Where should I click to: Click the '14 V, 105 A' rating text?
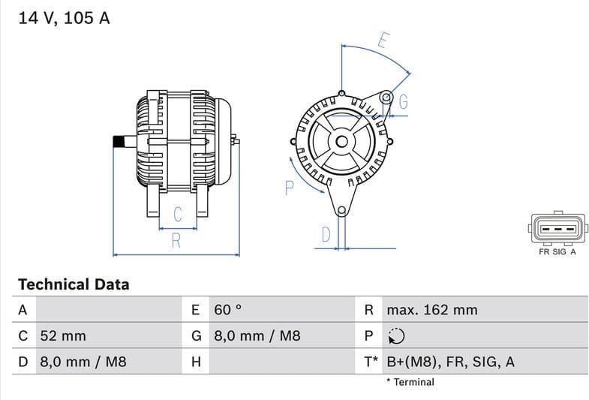coord(64,19)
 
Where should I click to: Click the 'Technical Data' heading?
coord(74,284)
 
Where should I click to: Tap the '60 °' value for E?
coord(228,309)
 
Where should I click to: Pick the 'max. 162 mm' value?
coord(431,309)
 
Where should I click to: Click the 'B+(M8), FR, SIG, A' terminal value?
coord(450,362)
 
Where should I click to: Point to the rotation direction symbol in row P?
coord(395,335)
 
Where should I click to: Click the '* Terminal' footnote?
coord(410,382)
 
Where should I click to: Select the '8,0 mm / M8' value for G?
coord(257,335)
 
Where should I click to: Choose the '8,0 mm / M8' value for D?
coord(83,362)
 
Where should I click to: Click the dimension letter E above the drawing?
coord(382,41)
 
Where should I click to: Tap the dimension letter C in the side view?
coord(178,215)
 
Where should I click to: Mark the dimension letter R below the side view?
coord(176,241)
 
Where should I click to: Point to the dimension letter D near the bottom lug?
coord(325,234)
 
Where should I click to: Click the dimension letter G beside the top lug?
coord(403,102)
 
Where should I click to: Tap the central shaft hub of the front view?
coord(341,141)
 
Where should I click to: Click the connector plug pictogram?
coord(557,227)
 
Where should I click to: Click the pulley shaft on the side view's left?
coord(119,142)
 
